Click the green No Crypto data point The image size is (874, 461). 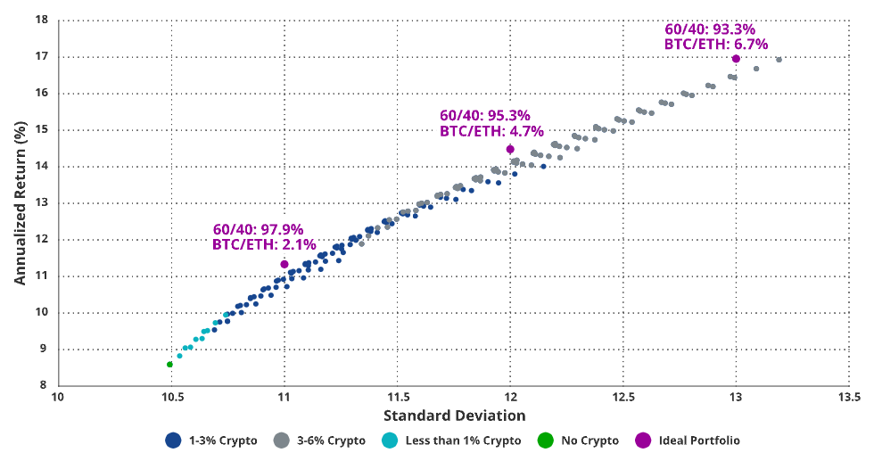[x=169, y=364]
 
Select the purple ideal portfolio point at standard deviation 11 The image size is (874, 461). [x=284, y=264]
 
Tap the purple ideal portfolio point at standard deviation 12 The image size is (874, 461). [x=510, y=149]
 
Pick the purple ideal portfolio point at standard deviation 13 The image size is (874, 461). [x=736, y=58]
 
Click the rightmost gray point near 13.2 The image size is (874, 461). [x=779, y=60]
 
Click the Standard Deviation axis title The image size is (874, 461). [x=454, y=416]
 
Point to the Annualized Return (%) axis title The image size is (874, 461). [x=20, y=202]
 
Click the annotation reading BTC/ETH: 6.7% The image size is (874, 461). [x=716, y=44]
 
